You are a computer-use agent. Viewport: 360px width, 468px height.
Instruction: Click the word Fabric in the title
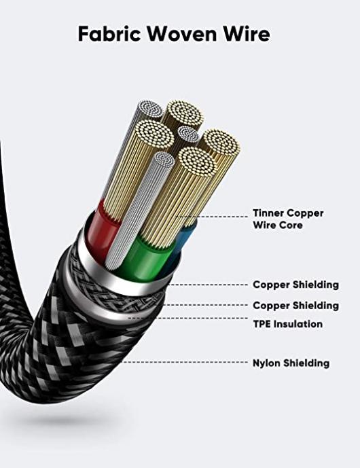tap(109, 33)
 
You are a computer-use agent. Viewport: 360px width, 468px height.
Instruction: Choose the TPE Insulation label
tap(288, 324)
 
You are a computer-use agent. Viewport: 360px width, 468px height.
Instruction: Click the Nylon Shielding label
tap(291, 363)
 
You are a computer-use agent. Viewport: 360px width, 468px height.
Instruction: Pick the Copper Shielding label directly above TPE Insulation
tap(296, 306)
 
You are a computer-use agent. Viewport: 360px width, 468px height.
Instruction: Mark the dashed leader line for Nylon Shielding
tap(185, 362)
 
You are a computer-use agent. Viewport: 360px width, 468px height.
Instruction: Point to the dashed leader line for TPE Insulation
tap(188, 318)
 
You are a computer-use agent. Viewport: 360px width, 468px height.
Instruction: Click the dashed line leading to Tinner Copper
tap(212, 217)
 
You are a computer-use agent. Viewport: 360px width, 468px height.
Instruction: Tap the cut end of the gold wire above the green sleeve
tap(197, 162)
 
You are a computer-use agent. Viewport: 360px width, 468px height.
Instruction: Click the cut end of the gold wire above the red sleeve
tap(154, 134)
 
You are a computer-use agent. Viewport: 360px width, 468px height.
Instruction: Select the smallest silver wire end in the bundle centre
tap(189, 134)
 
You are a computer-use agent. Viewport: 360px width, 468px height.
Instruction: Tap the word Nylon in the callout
tap(266, 363)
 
